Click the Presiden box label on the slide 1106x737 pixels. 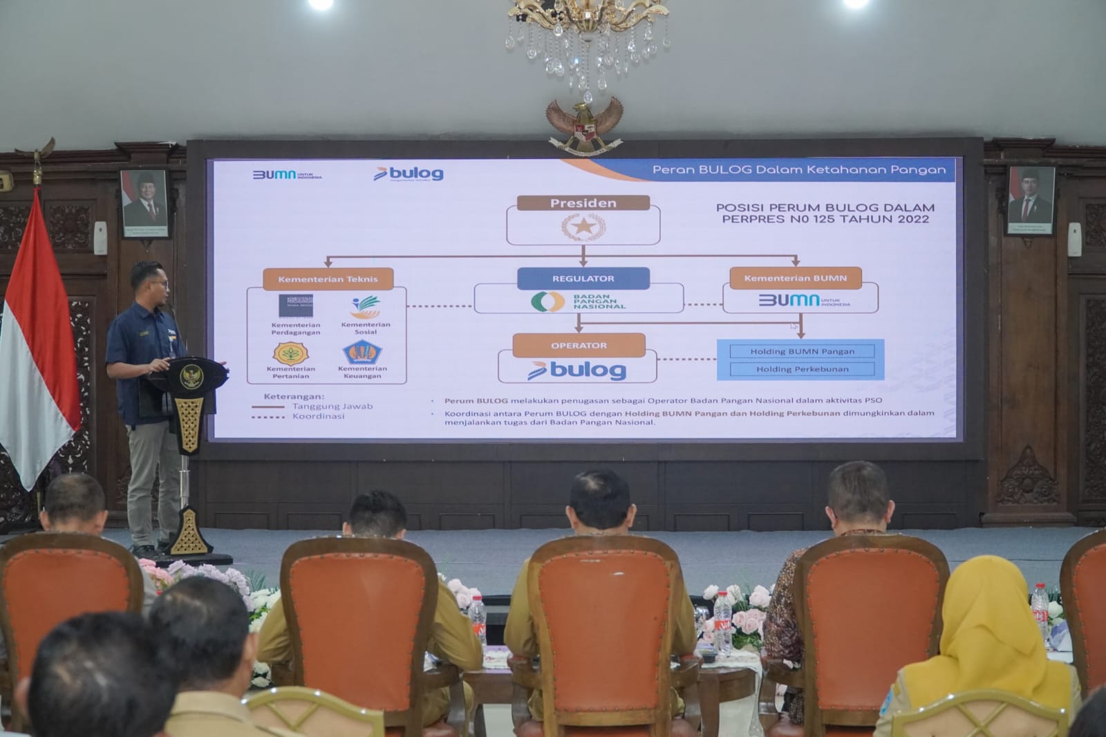(x=583, y=203)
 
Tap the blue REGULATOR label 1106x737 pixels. (x=583, y=278)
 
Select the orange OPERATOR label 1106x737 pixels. (x=579, y=345)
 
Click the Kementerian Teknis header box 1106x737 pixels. (x=328, y=279)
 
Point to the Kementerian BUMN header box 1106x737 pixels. (x=795, y=278)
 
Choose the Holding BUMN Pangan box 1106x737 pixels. (x=802, y=351)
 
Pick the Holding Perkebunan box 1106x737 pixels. (x=802, y=369)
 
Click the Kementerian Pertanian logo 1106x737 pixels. (x=290, y=353)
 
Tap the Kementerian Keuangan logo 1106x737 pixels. (x=362, y=353)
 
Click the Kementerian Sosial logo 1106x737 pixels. (x=365, y=306)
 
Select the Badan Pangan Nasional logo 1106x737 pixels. (x=547, y=301)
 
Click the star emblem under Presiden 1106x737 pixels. (x=583, y=227)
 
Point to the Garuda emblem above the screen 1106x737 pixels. (x=585, y=124)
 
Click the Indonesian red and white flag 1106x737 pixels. (x=38, y=346)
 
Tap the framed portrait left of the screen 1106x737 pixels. (x=144, y=203)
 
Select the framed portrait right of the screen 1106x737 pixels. (x=1030, y=200)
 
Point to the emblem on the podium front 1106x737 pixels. (x=189, y=377)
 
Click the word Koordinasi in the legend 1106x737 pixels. (x=318, y=416)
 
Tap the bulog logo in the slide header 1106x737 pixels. (x=409, y=174)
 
